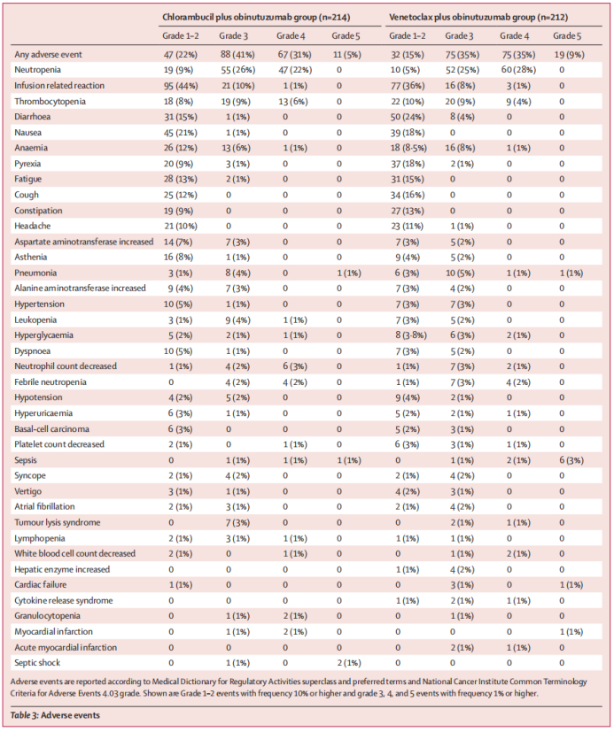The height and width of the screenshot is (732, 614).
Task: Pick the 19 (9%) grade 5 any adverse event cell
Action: pos(567,54)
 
